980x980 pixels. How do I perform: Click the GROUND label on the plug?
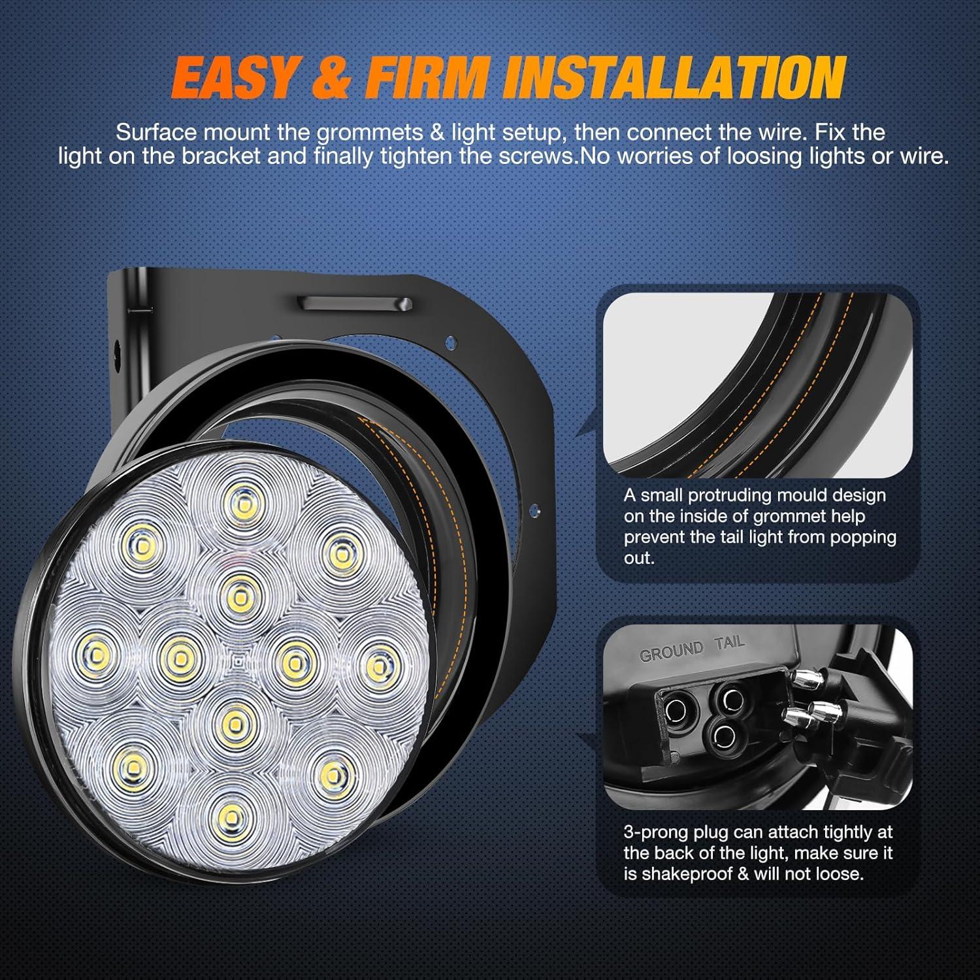coord(671,652)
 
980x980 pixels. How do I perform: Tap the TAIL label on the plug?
coord(729,643)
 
